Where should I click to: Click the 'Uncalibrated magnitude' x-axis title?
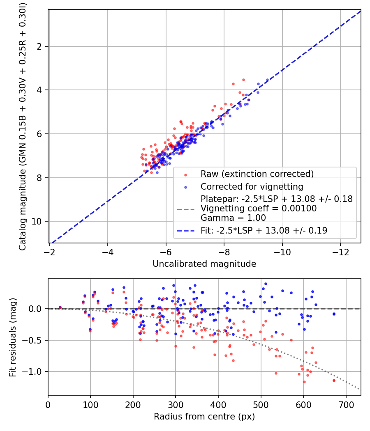pyautogui.click(x=204, y=264)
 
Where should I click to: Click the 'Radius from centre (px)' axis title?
pyautogui.click(x=204, y=417)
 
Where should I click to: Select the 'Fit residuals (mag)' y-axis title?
pyautogui.click(x=13, y=337)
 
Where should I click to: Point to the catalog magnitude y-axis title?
pyautogui.click(x=22, y=126)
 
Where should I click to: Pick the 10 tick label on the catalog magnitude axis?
pyautogui.click(x=36, y=221)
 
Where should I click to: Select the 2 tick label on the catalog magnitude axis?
pyautogui.click(x=39, y=47)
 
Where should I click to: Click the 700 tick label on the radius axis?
pyautogui.click(x=346, y=405)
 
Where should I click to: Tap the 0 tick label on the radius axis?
pyautogui.click(x=48, y=405)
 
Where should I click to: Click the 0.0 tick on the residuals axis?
pyautogui.click(x=35, y=309)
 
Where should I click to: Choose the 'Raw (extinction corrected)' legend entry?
pyautogui.click(x=257, y=174)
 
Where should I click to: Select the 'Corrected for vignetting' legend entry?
pyautogui.click(x=252, y=187)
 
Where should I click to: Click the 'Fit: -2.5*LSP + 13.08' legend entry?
pyautogui.click(x=264, y=230)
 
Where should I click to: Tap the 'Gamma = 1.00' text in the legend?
pyautogui.click(x=233, y=218)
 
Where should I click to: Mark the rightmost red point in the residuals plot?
pyautogui.click(x=334, y=381)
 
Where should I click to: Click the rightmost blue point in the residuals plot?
pyautogui.click(x=334, y=314)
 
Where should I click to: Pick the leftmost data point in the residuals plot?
pyautogui.click(x=60, y=307)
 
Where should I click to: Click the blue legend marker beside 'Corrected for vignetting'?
pyautogui.click(x=185, y=187)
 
